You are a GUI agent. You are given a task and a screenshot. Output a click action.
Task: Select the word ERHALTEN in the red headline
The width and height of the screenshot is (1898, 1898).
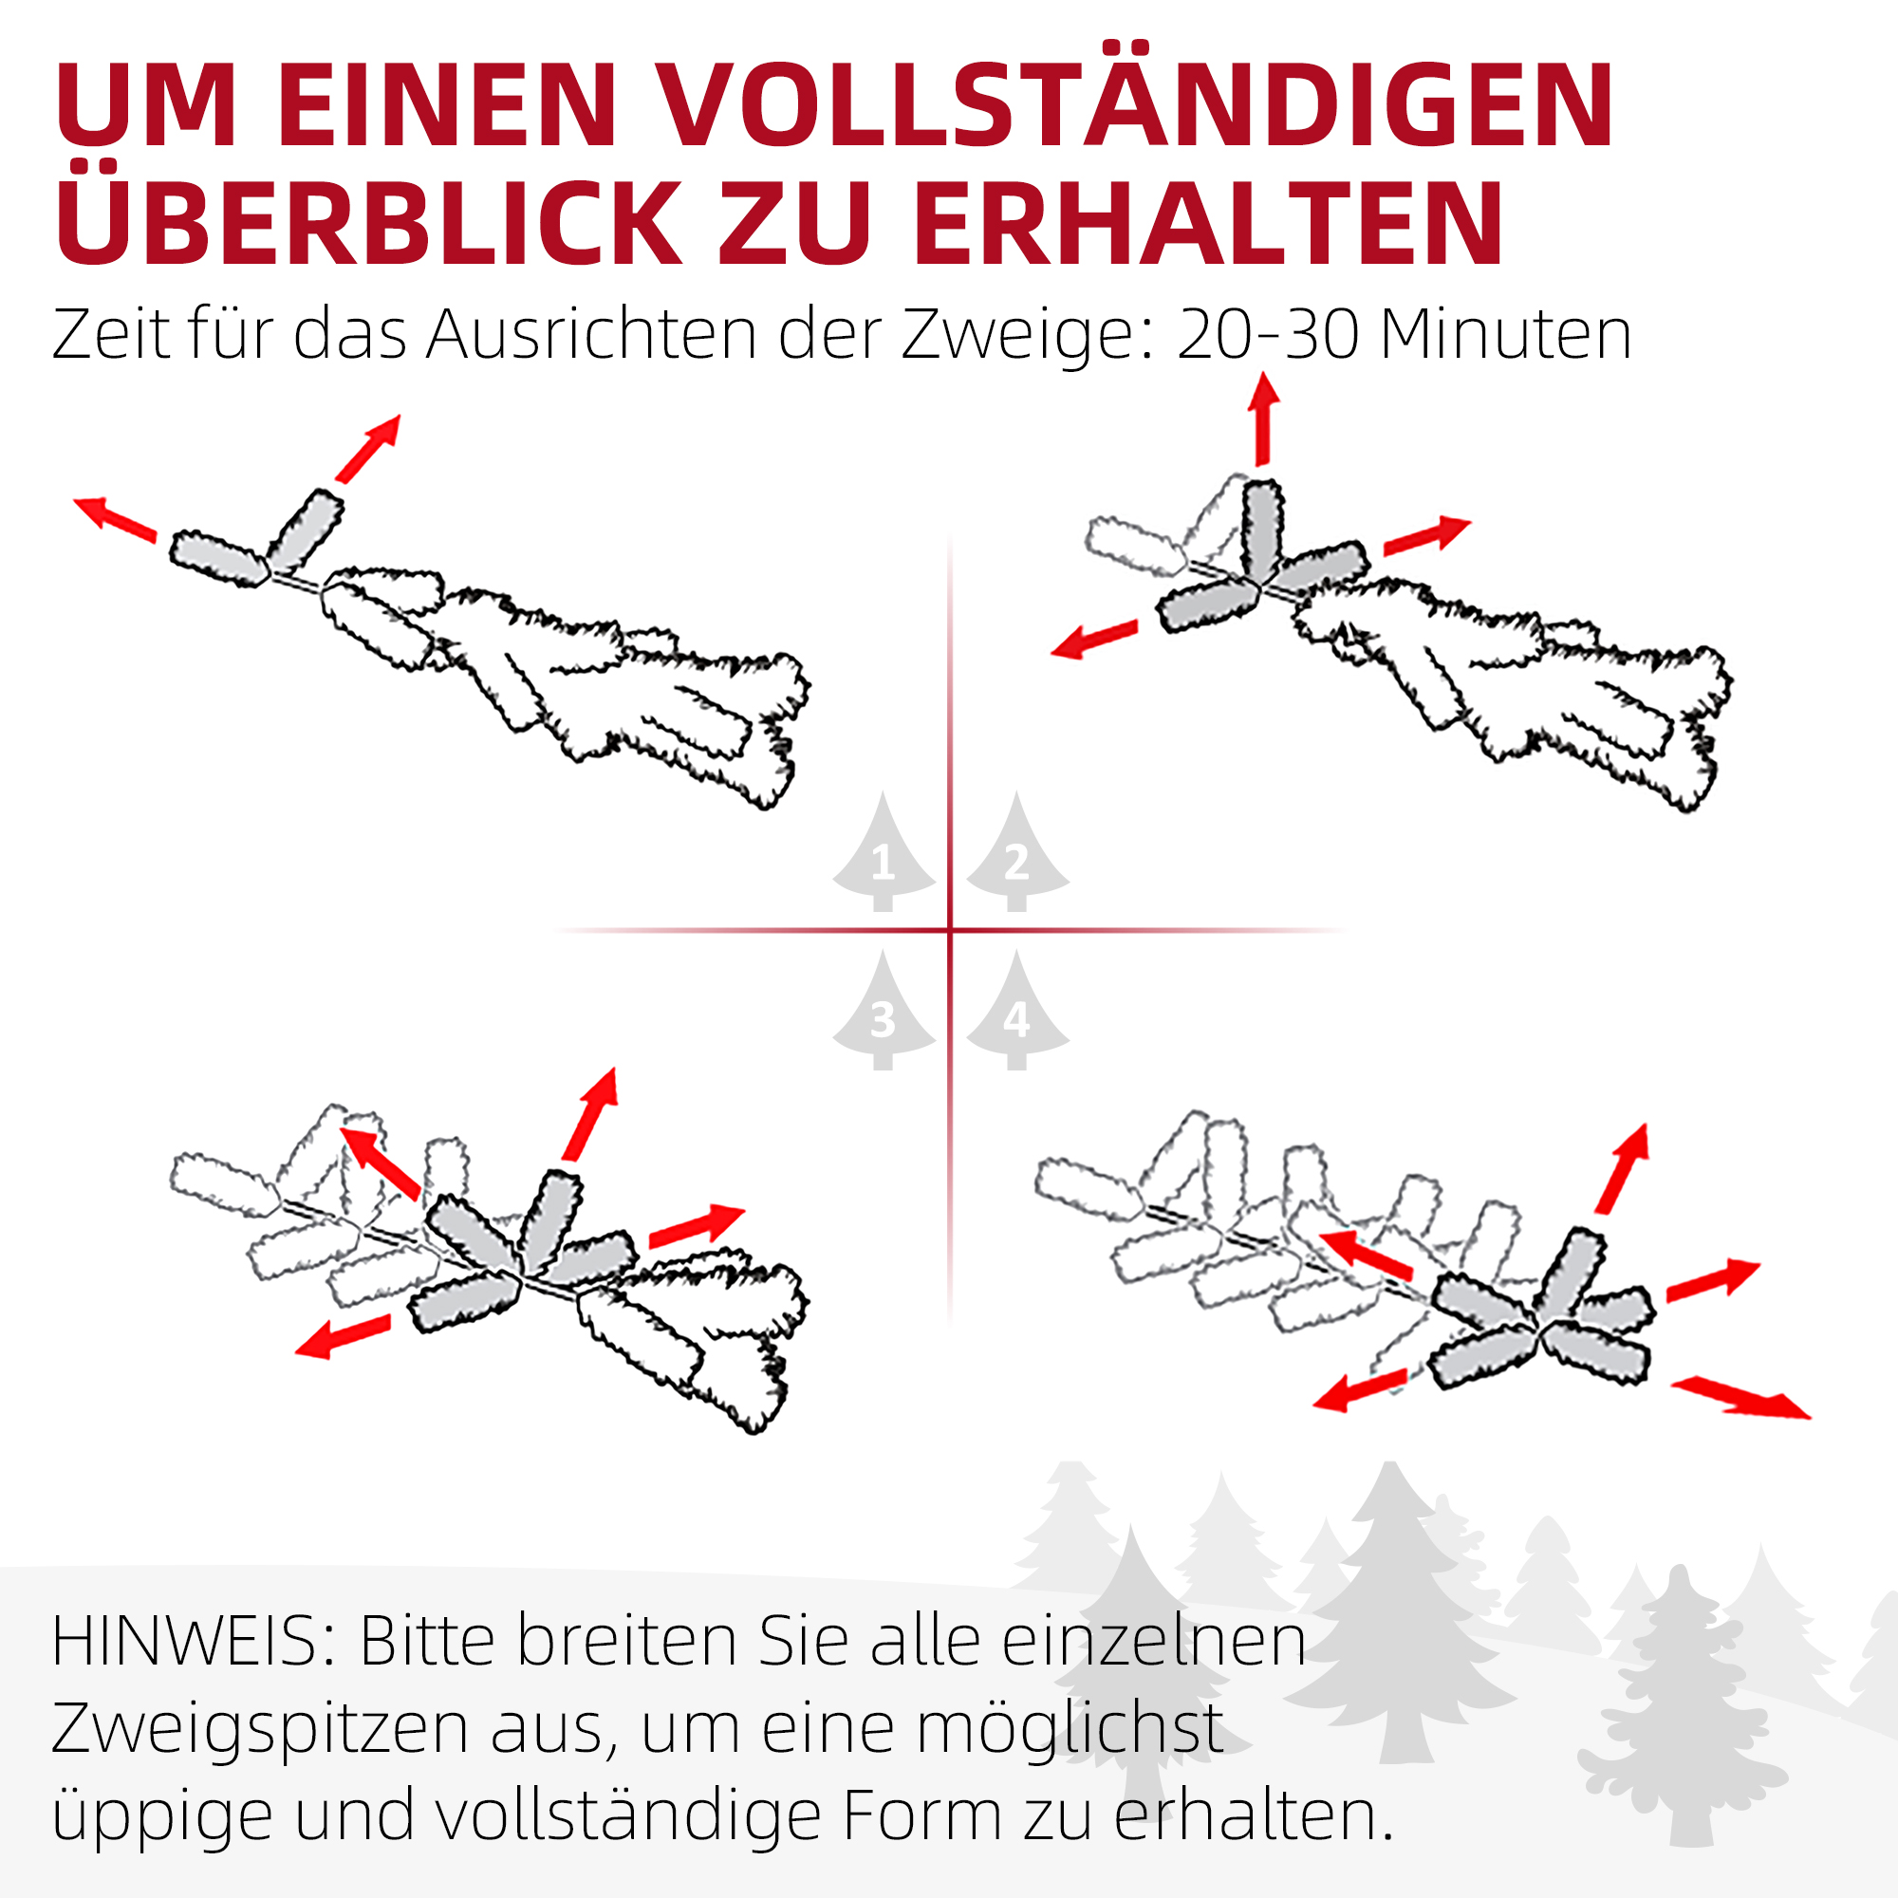coord(1208,224)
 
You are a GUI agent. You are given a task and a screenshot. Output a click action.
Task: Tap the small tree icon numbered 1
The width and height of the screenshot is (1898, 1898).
coord(883,853)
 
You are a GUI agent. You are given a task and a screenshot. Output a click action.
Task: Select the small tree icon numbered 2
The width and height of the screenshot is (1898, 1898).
coord(1016,853)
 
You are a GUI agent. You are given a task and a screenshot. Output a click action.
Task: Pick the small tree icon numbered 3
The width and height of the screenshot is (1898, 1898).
coord(883,1012)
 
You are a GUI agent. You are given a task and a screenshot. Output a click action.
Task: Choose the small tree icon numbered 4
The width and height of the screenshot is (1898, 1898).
coord(1016,1012)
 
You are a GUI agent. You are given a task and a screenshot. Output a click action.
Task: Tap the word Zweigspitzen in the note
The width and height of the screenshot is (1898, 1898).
coord(260,1731)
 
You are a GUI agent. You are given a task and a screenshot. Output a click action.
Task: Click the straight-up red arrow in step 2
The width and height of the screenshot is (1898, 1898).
coord(1263,419)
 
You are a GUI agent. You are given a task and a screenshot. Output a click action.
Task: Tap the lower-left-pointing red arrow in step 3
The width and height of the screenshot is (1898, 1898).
coord(343,1338)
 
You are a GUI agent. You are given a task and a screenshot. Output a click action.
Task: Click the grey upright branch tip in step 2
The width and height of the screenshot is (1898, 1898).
coord(1262,530)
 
